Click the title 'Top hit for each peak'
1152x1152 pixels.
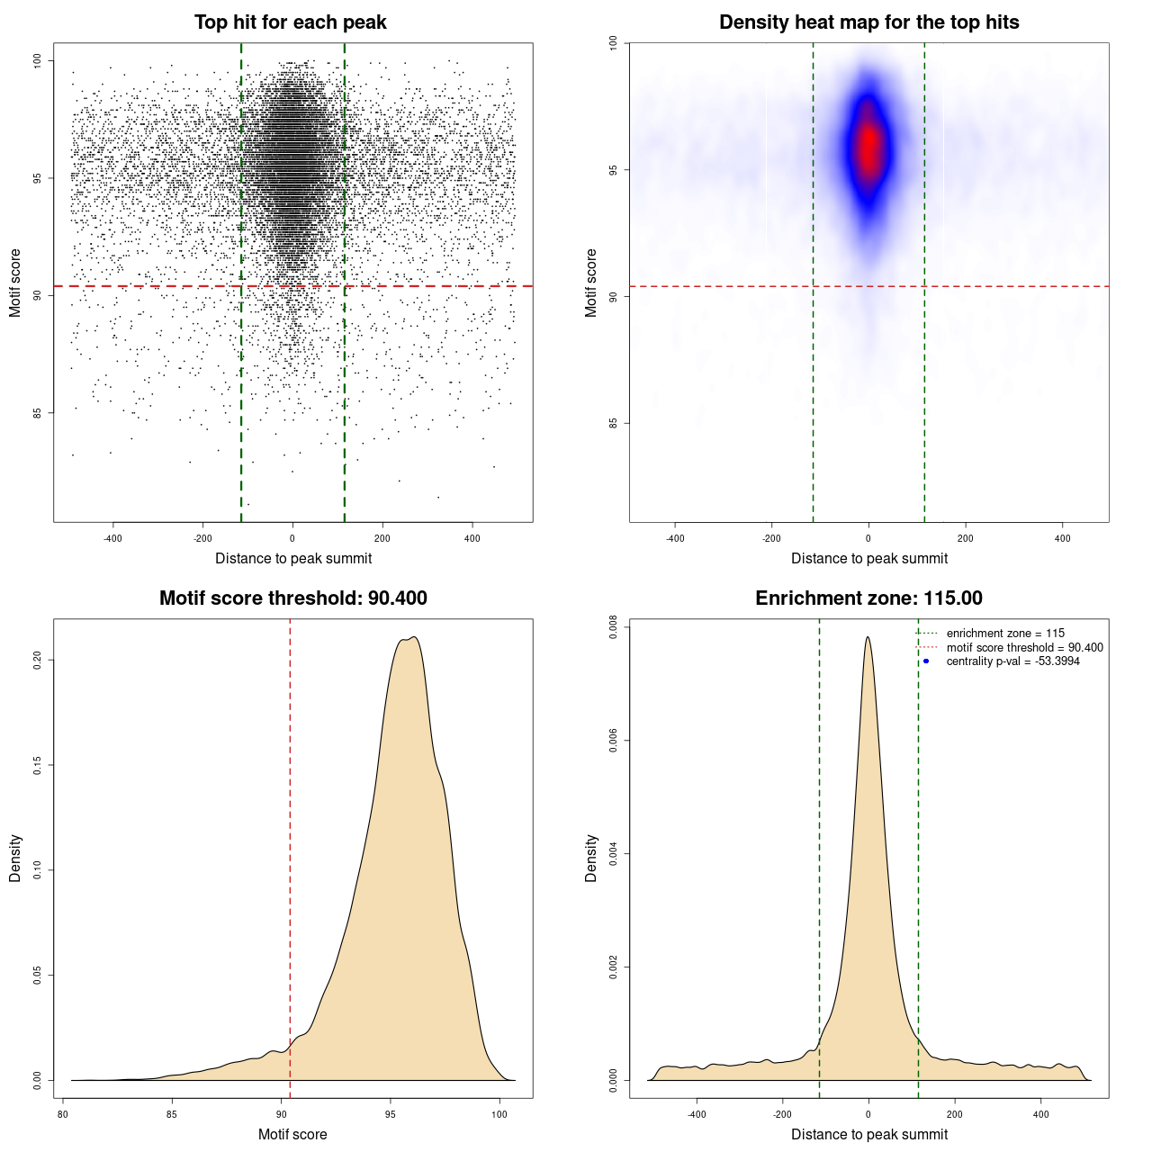[290, 22]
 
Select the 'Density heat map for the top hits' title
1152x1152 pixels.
[868, 22]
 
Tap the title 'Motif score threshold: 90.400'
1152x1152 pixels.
[292, 598]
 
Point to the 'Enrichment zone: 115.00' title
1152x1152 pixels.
[868, 598]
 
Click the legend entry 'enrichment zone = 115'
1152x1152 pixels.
[1005, 634]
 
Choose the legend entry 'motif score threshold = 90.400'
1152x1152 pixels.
[1024, 648]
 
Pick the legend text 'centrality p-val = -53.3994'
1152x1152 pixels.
[1012, 661]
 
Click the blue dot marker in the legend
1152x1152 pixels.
[926, 661]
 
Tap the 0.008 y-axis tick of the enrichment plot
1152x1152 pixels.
[614, 627]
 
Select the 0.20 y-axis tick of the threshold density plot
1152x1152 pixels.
[38, 661]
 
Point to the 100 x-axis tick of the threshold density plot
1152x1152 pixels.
[499, 1114]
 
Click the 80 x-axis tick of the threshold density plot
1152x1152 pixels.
[63, 1114]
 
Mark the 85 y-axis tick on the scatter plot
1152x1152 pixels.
[38, 413]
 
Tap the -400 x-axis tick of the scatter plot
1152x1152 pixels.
[112, 538]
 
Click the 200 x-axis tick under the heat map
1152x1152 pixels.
[966, 538]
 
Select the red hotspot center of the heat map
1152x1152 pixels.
[868, 147]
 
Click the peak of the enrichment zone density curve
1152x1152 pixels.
[868, 637]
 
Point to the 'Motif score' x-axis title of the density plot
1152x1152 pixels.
[292, 1134]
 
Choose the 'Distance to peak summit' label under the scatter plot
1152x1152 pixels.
[293, 558]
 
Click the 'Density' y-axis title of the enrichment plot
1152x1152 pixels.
[591, 858]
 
